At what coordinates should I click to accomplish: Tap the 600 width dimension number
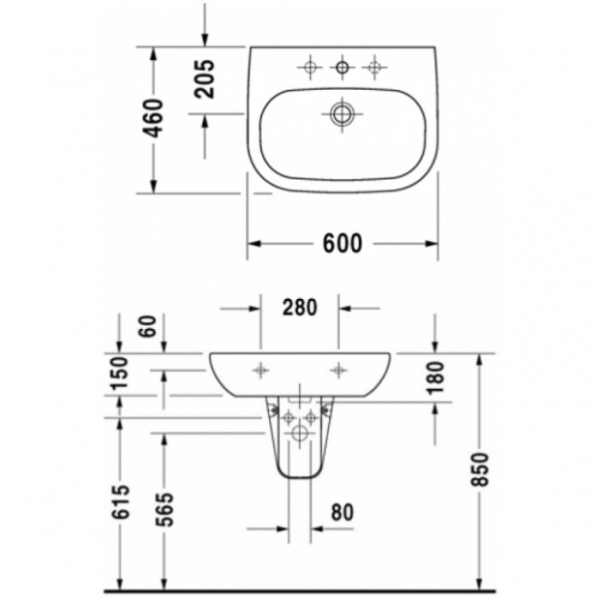[x=342, y=242]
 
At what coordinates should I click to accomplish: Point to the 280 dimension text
[x=300, y=308]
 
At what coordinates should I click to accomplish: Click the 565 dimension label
[x=164, y=510]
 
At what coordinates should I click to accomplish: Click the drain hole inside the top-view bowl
[x=343, y=115]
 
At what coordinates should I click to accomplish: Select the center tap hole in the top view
[x=342, y=68]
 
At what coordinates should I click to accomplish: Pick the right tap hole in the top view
[x=375, y=68]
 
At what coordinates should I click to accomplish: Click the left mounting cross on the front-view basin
[x=261, y=368]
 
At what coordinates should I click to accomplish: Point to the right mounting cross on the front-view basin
[x=340, y=368]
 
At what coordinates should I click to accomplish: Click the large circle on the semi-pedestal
[x=300, y=435]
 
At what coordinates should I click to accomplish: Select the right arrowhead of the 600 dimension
[x=433, y=242]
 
